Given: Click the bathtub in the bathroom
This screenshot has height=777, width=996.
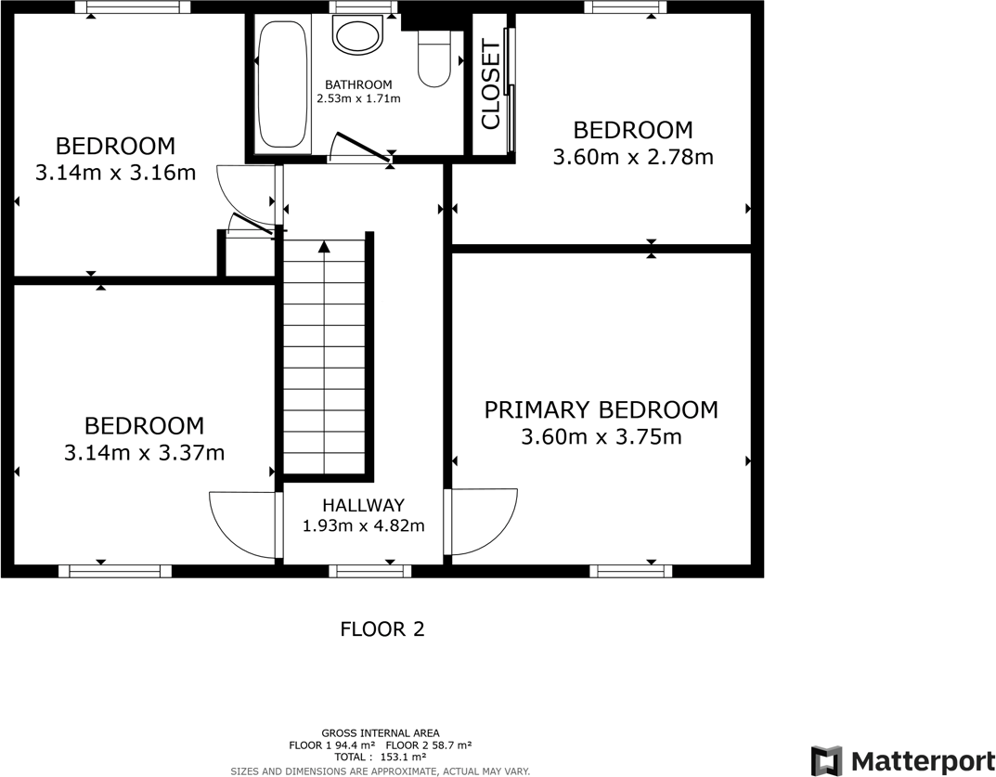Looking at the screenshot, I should (x=282, y=84).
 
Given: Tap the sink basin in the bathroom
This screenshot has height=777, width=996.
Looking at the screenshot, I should (x=358, y=36).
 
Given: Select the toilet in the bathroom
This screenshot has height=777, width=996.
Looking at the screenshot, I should (x=433, y=58).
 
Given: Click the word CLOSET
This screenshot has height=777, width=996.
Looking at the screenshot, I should (x=491, y=85).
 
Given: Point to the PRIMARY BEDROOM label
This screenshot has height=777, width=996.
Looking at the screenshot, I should (x=601, y=409).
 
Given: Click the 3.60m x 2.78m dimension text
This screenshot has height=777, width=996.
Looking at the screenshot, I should (x=632, y=157).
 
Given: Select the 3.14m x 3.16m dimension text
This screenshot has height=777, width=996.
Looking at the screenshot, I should (x=115, y=172).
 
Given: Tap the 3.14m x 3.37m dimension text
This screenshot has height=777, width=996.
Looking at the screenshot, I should (x=144, y=453).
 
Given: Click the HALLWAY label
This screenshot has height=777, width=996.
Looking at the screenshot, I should (x=363, y=506).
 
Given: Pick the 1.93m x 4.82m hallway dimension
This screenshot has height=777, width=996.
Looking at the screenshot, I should (x=363, y=525).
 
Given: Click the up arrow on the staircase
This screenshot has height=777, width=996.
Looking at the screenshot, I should (x=324, y=247).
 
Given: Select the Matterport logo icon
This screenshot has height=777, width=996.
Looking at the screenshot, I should (x=826, y=760).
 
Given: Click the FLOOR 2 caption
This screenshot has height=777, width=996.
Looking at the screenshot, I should (x=382, y=629).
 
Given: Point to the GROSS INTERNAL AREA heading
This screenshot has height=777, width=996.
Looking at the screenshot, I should (x=381, y=732).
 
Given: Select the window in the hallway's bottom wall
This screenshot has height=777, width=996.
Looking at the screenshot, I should (x=369, y=571).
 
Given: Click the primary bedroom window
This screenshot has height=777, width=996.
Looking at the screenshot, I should (x=631, y=571).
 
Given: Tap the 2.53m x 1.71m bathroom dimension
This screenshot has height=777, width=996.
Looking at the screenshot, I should (x=358, y=98).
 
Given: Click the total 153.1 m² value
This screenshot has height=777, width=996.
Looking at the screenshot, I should (x=402, y=758).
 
